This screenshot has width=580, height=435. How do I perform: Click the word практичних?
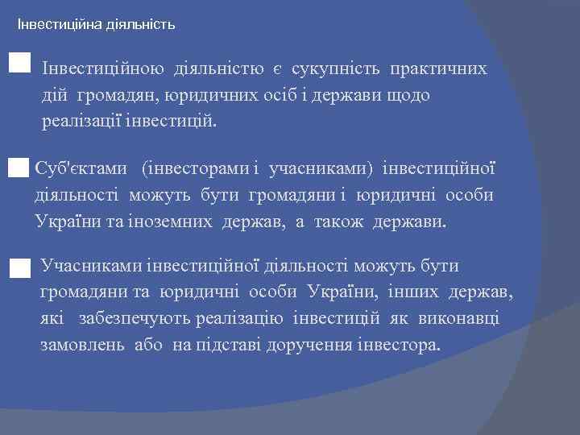point(439,69)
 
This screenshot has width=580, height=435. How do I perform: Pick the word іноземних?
point(173,221)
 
